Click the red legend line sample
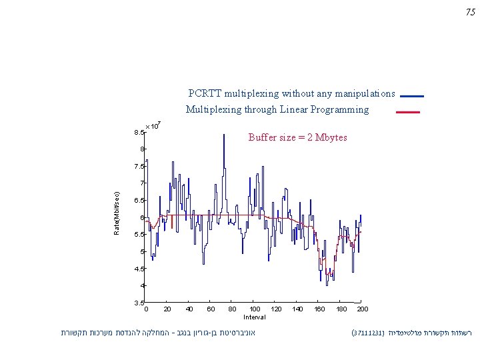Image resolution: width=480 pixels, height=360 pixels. pos(407,112)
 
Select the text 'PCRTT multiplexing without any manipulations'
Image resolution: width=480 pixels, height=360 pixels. pos(291,93)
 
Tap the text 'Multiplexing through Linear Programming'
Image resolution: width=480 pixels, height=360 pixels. pos(277,109)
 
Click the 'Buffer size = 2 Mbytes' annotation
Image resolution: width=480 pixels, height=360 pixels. pos(297,137)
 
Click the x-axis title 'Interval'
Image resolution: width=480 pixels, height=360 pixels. pos(254,317)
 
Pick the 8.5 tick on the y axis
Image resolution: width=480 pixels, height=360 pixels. pos(139,133)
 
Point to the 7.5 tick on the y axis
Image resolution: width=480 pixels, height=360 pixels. pos(139,167)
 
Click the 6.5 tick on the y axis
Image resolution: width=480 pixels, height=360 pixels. pos(139,201)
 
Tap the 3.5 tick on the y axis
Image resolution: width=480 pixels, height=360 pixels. pos(139,303)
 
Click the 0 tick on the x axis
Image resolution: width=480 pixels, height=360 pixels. pos(146,309)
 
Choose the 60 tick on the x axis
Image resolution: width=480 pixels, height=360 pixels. pos(211,309)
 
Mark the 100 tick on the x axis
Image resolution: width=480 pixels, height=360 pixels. pos(255,309)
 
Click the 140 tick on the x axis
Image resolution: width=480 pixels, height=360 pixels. pos(297,309)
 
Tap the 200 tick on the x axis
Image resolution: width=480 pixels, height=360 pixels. pos(362,309)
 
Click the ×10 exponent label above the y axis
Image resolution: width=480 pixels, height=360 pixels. pos(153,125)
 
